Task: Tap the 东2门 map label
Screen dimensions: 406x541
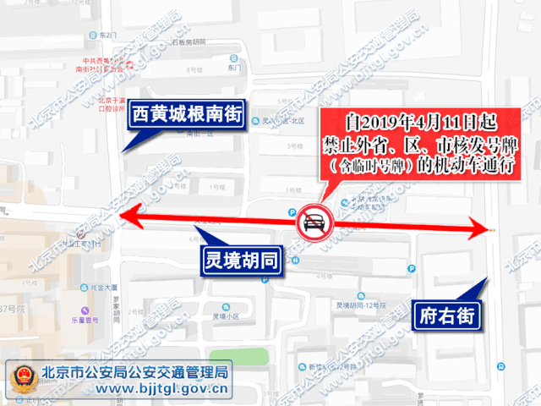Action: [x=106, y=36]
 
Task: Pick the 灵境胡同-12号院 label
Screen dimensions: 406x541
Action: [x=361, y=304]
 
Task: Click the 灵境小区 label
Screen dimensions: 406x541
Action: [x=224, y=318]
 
